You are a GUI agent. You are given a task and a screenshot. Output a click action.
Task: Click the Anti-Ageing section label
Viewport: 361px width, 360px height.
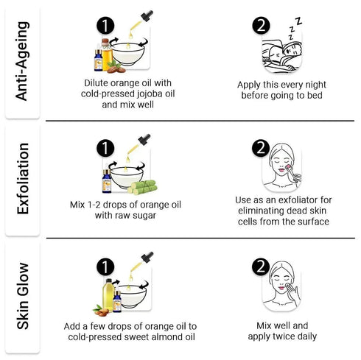22,61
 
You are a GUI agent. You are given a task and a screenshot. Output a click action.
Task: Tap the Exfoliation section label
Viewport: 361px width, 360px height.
23,179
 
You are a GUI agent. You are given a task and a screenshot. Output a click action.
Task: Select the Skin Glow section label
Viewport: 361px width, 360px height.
23,296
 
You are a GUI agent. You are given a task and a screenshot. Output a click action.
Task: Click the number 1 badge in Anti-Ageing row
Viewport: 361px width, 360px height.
105,26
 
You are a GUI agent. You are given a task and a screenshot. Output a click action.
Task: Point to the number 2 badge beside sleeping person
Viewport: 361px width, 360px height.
261,26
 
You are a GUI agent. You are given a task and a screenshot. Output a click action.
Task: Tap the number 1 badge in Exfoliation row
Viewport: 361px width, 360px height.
105,148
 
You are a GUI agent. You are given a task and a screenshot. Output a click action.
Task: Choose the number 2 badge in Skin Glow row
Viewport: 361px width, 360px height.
261,267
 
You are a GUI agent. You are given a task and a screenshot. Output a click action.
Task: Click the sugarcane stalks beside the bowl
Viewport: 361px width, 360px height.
142,187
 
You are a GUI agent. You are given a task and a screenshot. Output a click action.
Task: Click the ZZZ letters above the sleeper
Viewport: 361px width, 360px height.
295,28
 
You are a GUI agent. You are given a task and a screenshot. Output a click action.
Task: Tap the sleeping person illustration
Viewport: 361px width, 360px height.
281,56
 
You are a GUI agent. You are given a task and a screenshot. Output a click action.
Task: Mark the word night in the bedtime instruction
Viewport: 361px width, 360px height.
315,85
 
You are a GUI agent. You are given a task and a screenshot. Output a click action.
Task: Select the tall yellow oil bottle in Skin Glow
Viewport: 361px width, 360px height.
108,294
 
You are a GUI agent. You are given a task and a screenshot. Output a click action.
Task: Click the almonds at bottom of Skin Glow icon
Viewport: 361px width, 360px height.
100,311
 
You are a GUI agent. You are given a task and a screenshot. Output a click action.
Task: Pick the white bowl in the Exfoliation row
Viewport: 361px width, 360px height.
127,177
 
